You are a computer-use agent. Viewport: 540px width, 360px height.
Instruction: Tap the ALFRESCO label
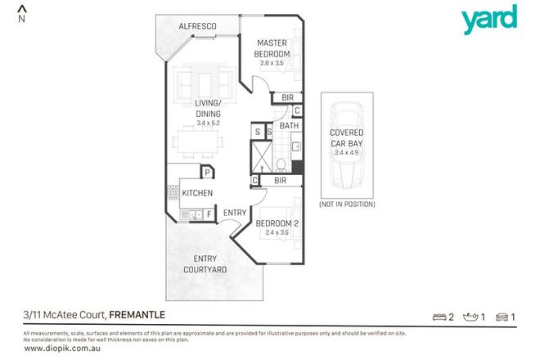[197, 28]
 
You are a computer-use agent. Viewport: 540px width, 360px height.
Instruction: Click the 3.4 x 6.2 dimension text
[210, 123]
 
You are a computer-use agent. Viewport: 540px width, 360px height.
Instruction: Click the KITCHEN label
[197, 193]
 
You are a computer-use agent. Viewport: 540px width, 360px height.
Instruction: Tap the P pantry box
[208, 172]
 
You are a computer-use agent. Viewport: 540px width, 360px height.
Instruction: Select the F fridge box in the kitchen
[209, 214]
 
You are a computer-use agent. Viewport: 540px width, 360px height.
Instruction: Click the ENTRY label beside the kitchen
[235, 214]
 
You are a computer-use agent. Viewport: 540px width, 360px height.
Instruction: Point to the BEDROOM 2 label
[274, 224]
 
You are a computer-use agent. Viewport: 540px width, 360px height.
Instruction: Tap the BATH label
[289, 126]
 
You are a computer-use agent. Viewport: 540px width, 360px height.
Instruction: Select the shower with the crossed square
[261, 156]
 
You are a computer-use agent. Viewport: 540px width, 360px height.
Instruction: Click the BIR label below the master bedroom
[287, 97]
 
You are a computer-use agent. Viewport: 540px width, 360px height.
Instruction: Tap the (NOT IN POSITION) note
[347, 204]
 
